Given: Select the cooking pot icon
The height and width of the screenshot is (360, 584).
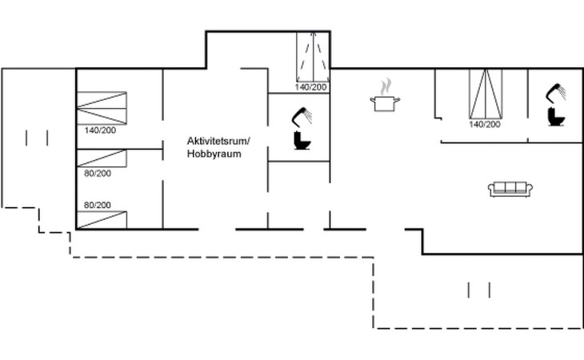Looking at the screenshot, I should [x=385, y=102].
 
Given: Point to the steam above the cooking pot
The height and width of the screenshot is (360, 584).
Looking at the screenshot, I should [x=386, y=85].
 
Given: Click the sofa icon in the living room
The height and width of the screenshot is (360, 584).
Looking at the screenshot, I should [x=510, y=189].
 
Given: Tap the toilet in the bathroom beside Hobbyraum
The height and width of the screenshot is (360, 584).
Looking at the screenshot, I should [x=302, y=142].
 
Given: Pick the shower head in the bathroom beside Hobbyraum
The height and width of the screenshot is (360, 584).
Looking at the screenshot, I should [x=302, y=117].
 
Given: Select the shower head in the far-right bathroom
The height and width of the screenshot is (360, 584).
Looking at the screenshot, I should [x=557, y=93].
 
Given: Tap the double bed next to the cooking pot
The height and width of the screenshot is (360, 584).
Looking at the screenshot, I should [x=485, y=94].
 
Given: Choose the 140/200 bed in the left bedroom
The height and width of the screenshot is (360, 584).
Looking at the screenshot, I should [x=102, y=107].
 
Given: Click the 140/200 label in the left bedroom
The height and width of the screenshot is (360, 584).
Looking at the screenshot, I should [x=99, y=130].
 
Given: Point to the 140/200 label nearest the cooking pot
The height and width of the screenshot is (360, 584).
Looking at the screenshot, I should [x=485, y=124].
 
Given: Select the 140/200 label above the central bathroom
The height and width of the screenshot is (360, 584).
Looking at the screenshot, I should [x=311, y=86].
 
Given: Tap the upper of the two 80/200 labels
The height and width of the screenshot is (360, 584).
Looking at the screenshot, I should [x=97, y=173].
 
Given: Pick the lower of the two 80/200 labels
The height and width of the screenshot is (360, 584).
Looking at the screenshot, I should [x=97, y=205].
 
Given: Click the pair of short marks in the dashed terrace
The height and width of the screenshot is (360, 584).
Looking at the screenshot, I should [x=478, y=290].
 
